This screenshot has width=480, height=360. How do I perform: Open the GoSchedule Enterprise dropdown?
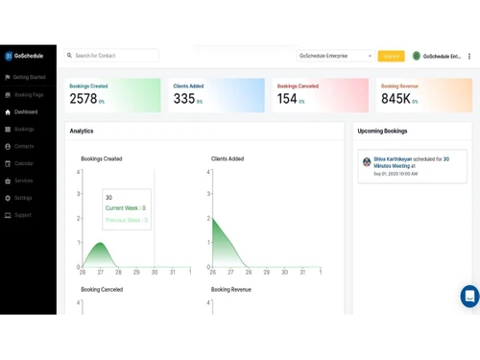click(x=335, y=56)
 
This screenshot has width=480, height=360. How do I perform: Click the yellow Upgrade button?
click(x=391, y=56)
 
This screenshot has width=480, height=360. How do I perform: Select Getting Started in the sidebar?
click(x=29, y=77)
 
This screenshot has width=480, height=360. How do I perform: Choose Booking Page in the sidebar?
click(x=28, y=95)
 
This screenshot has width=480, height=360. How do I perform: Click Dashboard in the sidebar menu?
click(x=26, y=111)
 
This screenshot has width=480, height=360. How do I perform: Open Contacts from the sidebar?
click(x=24, y=146)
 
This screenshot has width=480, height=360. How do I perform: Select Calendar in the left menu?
click(x=24, y=163)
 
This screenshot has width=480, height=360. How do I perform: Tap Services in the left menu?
click(x=23, y=180)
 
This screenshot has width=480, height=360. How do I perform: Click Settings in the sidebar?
click(x=23, y=198)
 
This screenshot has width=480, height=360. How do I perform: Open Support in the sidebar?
click(x=23, y=215)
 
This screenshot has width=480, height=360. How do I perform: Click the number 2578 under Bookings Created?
click(x=84, y=99)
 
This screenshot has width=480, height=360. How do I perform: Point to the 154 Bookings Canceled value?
click(x=287, y=99)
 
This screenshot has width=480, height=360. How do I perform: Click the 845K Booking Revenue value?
click(x=396, y=99)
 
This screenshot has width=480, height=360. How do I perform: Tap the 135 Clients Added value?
click(x=184, y=99)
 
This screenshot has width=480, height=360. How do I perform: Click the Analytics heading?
click(x=82, y=131)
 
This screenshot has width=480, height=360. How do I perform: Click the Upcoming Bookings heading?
click(x=382, y=131)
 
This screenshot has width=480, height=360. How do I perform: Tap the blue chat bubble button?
click(x=468, y=296)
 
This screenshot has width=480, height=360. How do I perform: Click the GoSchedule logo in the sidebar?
click(x=24, y=56)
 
